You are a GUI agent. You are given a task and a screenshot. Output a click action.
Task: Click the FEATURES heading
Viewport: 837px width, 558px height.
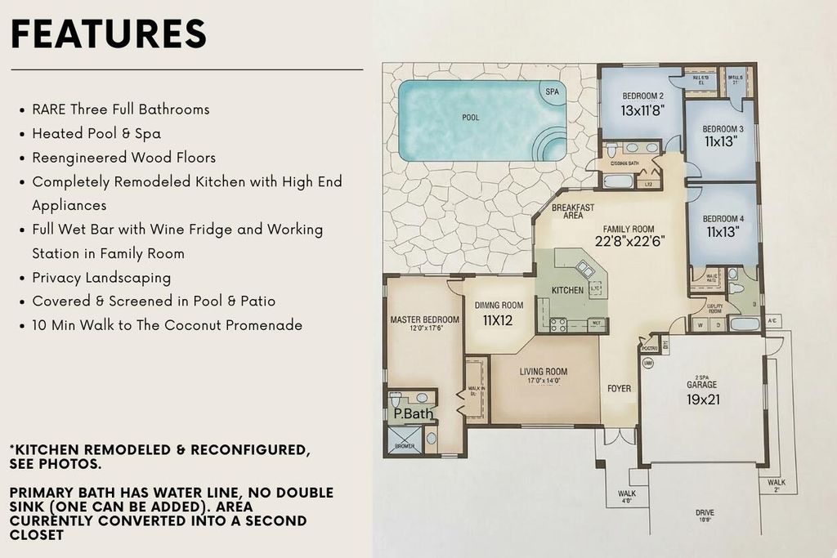109,33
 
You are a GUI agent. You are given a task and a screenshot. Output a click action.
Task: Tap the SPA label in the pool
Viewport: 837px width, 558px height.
553,92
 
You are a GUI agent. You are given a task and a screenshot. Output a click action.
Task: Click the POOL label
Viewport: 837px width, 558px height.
471,118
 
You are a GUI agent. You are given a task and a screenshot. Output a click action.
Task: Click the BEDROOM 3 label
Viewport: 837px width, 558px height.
723,129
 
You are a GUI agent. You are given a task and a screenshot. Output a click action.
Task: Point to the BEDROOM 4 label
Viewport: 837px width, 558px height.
723,219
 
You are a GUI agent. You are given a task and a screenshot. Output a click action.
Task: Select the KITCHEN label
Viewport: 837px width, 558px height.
567,290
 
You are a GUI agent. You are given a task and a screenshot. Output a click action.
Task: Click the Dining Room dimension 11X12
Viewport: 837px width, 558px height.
499,320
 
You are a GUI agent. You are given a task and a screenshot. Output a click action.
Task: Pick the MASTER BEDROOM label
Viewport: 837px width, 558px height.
424,319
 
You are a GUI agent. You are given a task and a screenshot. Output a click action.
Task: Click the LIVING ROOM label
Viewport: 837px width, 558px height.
543,372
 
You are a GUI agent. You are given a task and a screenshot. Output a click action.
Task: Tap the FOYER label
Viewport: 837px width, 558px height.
619,389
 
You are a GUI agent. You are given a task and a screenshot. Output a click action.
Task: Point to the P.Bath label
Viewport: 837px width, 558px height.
413,414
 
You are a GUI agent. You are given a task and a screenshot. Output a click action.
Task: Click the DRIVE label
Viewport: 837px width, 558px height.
705,513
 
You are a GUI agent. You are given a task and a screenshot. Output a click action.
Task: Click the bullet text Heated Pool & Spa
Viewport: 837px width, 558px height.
96,133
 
